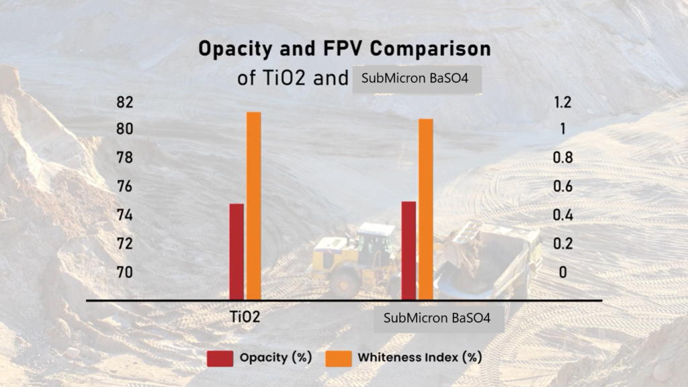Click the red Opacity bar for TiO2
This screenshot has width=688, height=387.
(236, 251)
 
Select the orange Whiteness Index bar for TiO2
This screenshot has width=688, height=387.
(253, 206)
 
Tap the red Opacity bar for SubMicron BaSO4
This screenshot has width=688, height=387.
(408, 250)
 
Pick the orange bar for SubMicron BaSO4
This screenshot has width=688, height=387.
(425, 209)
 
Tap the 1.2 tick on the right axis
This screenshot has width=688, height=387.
(562, 102)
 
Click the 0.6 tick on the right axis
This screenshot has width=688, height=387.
(562, 187)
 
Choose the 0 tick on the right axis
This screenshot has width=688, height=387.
(562, 272)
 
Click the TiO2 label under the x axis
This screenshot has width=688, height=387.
(243, 316)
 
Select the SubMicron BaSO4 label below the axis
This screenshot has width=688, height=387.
(439, 319)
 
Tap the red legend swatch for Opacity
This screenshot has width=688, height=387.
(220, 357)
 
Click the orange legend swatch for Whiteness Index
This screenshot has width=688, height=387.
(338, 357)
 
